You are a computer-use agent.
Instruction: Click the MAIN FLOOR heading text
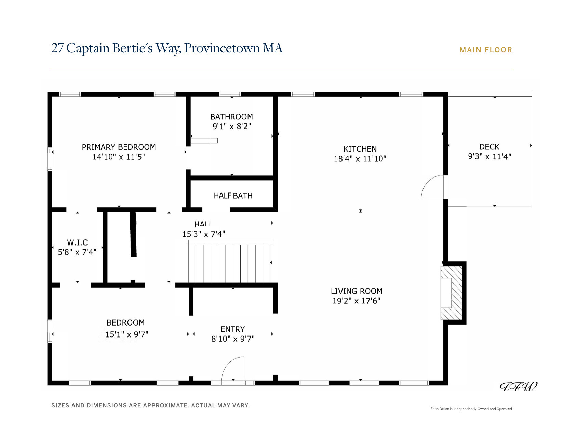pos(486,50)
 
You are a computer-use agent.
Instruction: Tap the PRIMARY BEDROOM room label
pos(119,147)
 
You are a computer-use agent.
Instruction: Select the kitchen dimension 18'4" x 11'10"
pos(360,159)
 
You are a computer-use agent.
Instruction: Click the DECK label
pos(489,147)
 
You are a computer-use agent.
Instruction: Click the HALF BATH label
pos(233,196)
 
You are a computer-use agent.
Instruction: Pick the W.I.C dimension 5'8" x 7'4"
pos(77,252)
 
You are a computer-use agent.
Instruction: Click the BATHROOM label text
pos(231,117)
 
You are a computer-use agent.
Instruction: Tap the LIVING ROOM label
pos(357,291)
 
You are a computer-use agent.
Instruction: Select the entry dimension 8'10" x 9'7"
pos(233,339)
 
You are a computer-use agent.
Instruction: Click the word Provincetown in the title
pos(222,49)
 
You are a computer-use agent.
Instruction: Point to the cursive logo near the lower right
pos(518,387)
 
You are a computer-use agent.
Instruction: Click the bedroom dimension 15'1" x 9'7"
pos(126,334)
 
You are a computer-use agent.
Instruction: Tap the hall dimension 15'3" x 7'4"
pos(203,234)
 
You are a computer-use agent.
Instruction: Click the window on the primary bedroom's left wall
pos(50,159)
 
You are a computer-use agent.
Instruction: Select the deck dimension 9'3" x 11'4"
pos(489,157)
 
